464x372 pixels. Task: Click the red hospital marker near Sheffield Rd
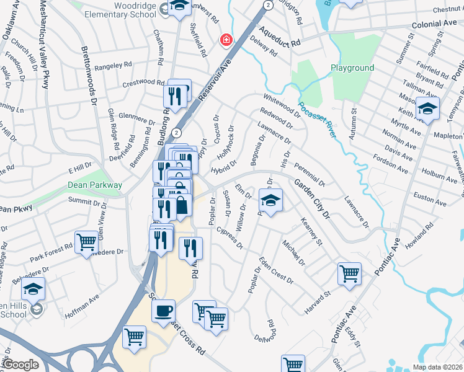tap(227, 40)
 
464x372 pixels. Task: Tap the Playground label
tap(352, 68)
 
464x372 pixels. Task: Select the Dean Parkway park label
tap(95, 185)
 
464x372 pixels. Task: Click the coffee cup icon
tap(163, 311)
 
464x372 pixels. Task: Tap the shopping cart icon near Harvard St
tap(349, 273)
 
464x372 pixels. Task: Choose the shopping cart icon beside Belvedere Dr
tap(86, 241)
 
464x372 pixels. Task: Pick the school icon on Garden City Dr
tap(270, 201)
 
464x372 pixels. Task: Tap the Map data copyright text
tap(437, 367)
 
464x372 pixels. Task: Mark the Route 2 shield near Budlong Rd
tap(177, 133)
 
